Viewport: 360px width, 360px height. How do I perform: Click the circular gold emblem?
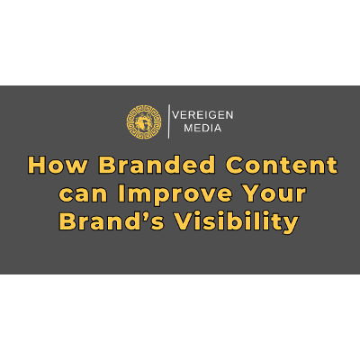[145, 121]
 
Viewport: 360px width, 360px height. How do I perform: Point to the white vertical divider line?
[169, 121]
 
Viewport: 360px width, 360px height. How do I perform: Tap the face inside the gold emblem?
[145, 121]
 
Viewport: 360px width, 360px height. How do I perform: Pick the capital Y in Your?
[249, 193]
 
